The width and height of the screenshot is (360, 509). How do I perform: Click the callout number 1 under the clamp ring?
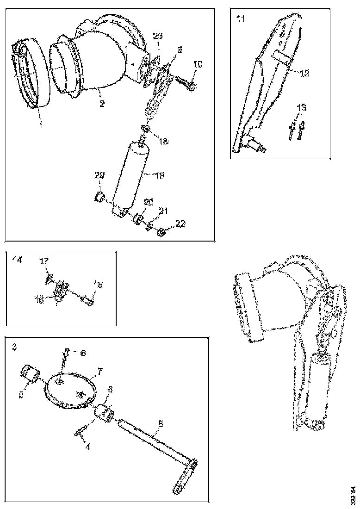click(x=40, y=125)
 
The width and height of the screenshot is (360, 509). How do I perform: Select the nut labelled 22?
click(x=161, y=232)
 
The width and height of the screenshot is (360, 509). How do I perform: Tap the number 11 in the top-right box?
click(x=240, y=19)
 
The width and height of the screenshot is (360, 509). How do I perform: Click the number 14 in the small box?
click(x=17, y=261)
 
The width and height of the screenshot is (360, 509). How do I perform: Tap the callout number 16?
click(x=40, y=299)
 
